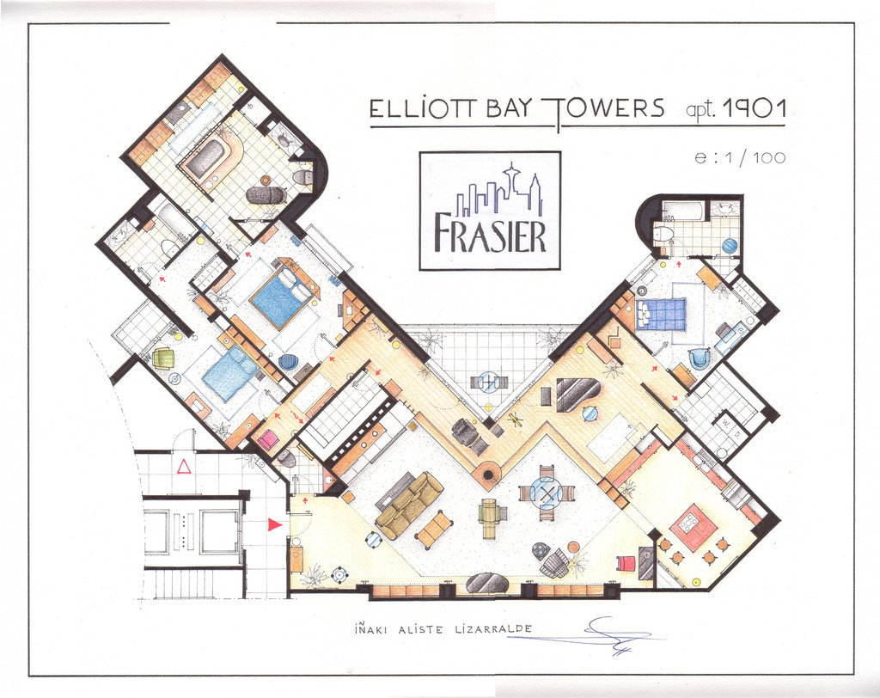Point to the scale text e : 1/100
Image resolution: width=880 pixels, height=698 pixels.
pyautogui.click(x=740, y=158)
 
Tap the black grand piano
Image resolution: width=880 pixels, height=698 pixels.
pyautogui.click(x=577, y=395)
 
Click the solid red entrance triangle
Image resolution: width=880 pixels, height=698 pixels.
pyautogui.click(x=273, y=524)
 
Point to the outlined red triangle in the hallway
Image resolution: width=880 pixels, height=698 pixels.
pyautogui.click(x=184, y=466)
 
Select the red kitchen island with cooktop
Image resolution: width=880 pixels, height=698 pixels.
pyautogui.click(x=694, y=527)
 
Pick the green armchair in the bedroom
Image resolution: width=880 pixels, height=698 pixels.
pyautogui.click(x=163, y=357)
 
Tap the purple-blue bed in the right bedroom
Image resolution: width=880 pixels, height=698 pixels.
pyautogui.click(x=661, y=315)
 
